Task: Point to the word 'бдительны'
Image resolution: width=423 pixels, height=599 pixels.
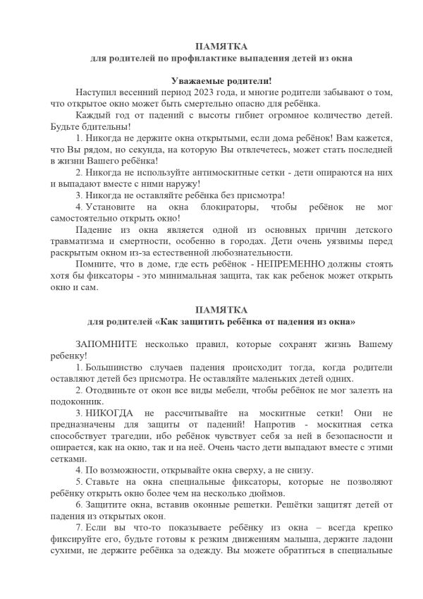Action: (x=92, y=126)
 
